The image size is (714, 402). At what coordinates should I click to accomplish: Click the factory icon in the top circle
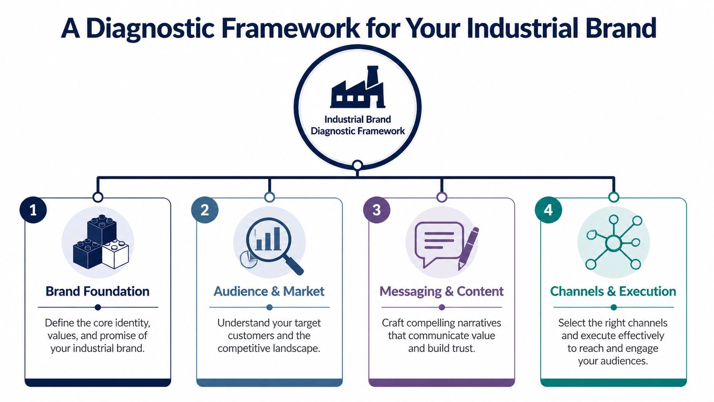click(x=357, y=88)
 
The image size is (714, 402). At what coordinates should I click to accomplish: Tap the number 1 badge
click(x=33, y=210)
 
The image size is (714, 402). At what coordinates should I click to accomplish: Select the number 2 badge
click(x=205, y=210)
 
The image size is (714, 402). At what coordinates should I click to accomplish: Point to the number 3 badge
click(x=376, y=210)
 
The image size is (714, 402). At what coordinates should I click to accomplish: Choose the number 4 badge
click(x=548, y=210)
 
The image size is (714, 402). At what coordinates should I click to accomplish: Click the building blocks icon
click(x=100, y=242)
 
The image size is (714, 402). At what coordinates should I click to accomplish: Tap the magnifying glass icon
click(x=272, y=244)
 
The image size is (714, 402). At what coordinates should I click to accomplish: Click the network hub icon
click(x=614, y=243)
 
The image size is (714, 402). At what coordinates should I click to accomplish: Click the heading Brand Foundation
click(x=97, y=291)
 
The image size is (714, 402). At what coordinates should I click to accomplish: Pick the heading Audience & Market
click(x=269, y=291)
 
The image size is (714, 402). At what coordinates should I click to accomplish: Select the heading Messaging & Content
click(x=442, y=291)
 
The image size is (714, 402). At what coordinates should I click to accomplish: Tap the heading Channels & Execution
click(x=613, y=291)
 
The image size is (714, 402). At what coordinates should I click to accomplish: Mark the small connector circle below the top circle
click(x=357, y=165)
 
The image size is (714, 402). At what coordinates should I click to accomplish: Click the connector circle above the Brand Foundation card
click(x=98, y=197)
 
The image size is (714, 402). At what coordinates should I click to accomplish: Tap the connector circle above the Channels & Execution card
click(x=614, y=197)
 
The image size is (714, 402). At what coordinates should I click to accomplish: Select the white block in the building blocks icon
click(x=115, y=254)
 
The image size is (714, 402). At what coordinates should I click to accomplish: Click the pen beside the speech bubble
click(x=468, y=248)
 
